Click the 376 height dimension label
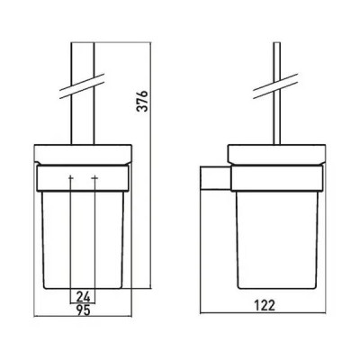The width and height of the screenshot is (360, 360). pos(142,101)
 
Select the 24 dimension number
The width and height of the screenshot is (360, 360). pos(83,297)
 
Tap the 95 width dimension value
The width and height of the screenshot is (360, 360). pos(83,310)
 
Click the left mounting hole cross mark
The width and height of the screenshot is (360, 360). pos(71,178)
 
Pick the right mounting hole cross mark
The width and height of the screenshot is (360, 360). pos(94,178)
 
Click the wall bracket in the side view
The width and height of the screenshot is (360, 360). pos(215,178)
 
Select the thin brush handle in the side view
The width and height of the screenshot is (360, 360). pos(277,94)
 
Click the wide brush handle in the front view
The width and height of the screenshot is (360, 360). pos(83,94)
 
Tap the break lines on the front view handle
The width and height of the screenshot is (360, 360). pos(82,85)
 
